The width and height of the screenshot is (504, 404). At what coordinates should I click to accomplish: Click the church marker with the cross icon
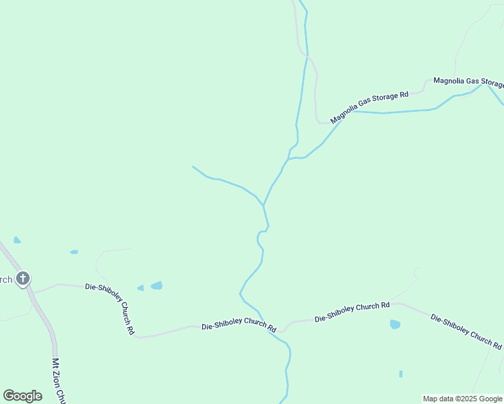tap(22, 278)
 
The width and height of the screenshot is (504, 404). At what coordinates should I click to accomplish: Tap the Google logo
tap(22, 396)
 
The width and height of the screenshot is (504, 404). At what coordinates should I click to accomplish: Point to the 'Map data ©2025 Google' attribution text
tap(462, 399)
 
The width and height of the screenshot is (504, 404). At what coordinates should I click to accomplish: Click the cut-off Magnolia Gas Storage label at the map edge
tap(468, 81)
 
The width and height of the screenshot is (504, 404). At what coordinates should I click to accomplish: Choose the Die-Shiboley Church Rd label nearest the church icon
tap(111, 308)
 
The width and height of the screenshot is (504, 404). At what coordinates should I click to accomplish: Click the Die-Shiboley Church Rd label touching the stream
tap(239, 326)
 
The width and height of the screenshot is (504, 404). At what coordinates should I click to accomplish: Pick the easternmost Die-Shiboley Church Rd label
tap(466, 331)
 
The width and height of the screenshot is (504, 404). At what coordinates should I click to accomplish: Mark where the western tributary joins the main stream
tap(263, 205)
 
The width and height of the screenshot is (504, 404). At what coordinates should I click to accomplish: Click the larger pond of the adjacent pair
tap(156, 285)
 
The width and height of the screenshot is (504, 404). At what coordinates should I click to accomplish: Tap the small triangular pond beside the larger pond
tap(140, 288)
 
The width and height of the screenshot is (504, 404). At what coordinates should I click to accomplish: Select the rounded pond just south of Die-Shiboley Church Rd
tap(395, 325)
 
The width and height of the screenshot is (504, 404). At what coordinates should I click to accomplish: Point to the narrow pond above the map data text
tap(401, 374)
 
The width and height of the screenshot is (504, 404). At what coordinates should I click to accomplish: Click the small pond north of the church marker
tap(17, 240)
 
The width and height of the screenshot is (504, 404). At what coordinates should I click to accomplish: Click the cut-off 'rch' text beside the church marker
tap(6, 279)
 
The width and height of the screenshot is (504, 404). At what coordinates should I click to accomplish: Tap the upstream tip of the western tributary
tap(193, 166)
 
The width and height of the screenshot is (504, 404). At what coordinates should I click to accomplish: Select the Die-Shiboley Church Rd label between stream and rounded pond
tap(352, 311)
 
